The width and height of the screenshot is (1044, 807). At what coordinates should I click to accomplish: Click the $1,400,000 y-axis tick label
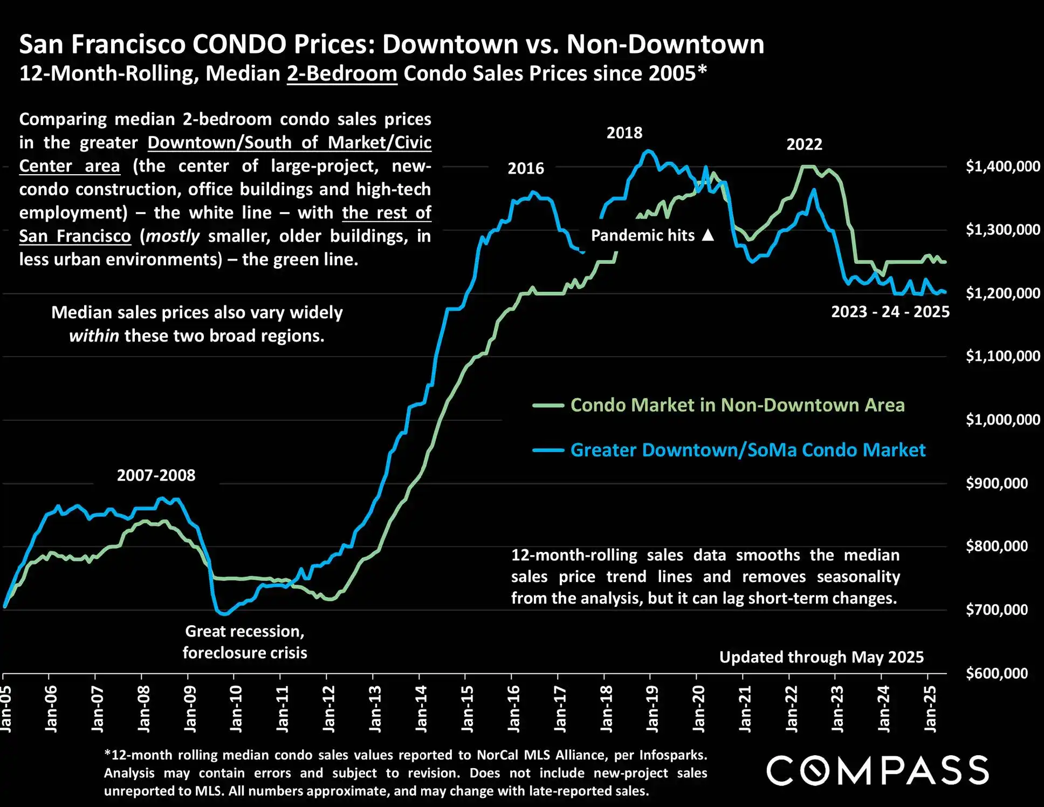click(1002, 166)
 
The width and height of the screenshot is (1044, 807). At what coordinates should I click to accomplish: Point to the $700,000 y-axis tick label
click(997, 610)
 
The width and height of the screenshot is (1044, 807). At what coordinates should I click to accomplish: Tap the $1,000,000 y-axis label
click(1002, 420)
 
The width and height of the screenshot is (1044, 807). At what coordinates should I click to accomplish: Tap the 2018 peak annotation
click(624, 133)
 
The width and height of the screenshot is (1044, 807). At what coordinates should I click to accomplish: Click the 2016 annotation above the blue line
click(526, 168)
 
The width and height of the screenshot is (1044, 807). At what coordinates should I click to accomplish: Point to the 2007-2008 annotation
click(156, 475)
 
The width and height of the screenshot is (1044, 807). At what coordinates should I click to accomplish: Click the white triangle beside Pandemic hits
click(708, 235)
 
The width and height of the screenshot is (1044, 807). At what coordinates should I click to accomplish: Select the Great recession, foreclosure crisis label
click(245, 642)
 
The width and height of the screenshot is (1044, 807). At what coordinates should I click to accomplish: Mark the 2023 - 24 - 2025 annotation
click(890, 312)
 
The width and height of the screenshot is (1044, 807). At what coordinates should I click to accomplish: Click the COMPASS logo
click(877, 770)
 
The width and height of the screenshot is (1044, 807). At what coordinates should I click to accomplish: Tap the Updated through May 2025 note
click(821, 657)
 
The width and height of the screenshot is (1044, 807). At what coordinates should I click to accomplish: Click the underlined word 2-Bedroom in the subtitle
click(342, 73)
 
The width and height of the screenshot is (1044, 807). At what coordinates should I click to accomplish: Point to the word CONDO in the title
click(239, 44)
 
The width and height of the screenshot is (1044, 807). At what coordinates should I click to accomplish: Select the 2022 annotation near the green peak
click(804, 145)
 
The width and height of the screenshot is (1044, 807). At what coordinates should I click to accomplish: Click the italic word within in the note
click(94, 336)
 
